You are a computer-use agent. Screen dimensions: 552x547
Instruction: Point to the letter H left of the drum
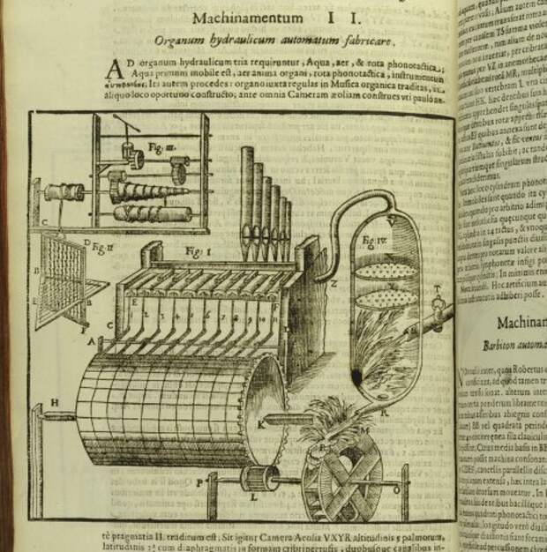53,404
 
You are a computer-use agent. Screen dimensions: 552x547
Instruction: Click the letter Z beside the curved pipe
332,282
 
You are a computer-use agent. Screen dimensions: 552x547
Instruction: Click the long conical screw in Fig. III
140,190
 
